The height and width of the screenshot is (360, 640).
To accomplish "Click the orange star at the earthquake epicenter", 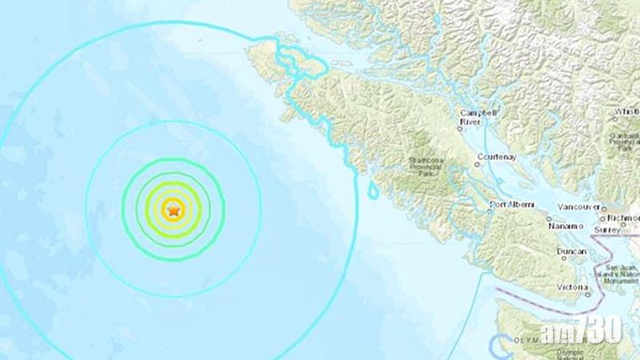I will [x=173, y=210].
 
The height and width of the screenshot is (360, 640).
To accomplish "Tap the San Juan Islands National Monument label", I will [x=621, y=271].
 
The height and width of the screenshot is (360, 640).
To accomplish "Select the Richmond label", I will [x=624, y=217].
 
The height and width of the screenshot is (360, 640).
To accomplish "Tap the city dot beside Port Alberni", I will [x=490, y=210].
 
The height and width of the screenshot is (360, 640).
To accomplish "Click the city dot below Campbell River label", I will [x=462, y=126].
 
